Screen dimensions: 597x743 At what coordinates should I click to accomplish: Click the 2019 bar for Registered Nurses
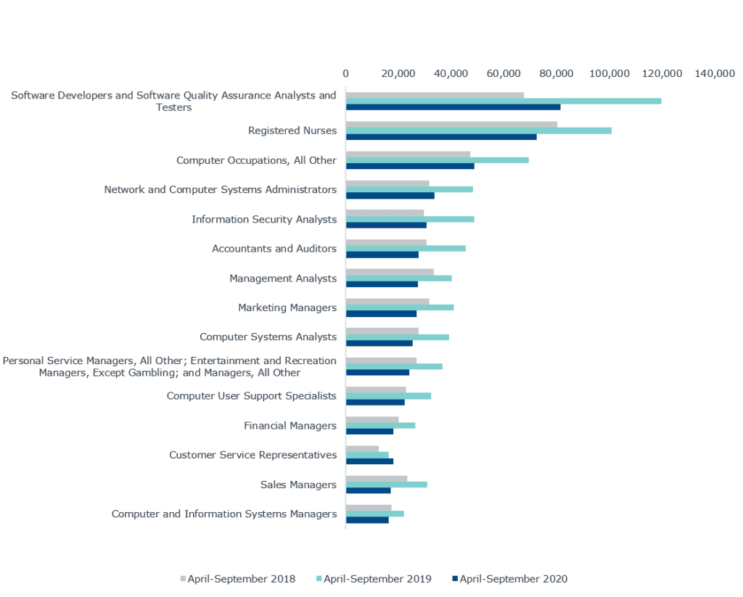[x=479, y=131]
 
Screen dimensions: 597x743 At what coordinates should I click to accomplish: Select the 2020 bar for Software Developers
[x=453, y=107]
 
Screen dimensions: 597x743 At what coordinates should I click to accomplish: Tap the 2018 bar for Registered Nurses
[x=451, y=124]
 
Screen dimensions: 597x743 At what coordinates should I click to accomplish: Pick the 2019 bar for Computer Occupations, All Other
[x=438, y=160]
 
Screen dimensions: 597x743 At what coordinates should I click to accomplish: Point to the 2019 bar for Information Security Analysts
[x=410, y=219]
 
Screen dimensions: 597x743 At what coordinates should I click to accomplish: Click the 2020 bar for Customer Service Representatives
[x=370, y=461]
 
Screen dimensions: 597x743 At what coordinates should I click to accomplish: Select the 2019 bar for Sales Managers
[x=387, y=485]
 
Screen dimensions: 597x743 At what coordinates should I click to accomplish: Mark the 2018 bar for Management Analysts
[x=390, y=272]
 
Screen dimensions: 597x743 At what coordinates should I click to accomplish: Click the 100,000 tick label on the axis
[x=609, y=73]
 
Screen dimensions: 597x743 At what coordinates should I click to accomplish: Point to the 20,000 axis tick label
[x=398, y=73]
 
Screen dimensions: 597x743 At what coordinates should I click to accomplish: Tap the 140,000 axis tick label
[x=715, y=73]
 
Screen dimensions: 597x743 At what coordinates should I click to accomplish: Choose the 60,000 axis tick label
[x=504, y=73]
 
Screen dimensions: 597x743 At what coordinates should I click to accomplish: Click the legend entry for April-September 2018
[x=238, y=579]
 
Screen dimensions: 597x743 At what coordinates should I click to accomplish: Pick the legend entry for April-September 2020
[x=510, y=579]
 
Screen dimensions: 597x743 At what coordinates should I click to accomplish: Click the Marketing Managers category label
[x=287, y=308]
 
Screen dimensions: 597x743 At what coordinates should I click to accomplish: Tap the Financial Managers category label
[x=290, y=426]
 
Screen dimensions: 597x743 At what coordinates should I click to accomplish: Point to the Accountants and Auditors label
[x=274, y=249]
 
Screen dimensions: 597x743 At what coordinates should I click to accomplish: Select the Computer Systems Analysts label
[x=268, y=337]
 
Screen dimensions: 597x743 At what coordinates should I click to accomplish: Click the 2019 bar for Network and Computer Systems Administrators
[x=409, y=189]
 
